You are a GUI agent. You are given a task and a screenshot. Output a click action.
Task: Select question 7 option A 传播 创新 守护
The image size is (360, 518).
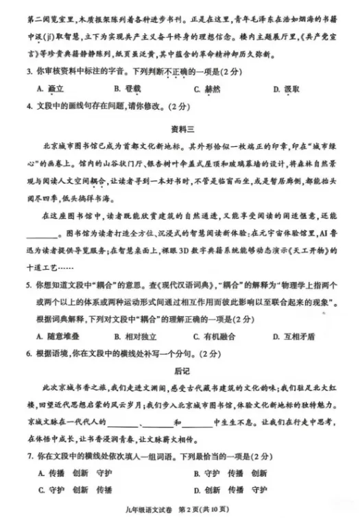[71, 473]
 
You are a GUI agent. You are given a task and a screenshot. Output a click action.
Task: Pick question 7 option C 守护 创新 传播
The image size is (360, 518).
[71, 490]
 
